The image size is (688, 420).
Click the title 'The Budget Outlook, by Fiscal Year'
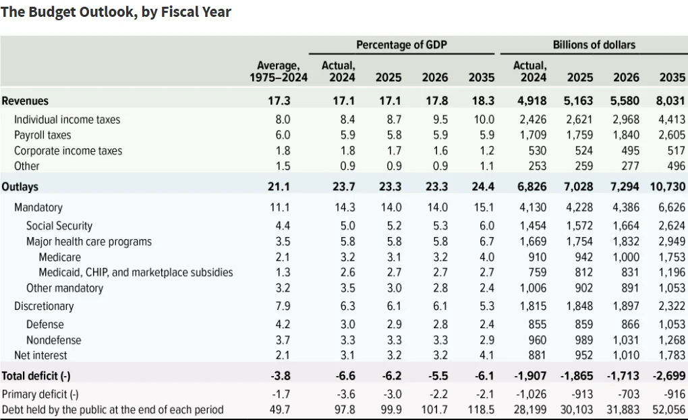point(116,12)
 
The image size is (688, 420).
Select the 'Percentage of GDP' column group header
point(401,45)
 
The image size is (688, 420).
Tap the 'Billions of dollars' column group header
point(594,45)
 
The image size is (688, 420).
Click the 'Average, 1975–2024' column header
point(278,71)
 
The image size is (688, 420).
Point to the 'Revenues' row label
point(26,101)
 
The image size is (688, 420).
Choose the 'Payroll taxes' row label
point(42,135)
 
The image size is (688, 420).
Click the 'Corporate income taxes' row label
point(68,151)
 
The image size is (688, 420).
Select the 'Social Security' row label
point(59,226)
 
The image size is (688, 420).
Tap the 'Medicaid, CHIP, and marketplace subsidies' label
point(136,272)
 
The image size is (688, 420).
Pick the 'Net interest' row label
point(40,355)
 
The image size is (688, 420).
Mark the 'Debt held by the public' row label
point(113,409)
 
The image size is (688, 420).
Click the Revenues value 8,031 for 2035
point(670,101)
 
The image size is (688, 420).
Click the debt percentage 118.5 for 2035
point(481,409)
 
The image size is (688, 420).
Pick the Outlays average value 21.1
point(279,187)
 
